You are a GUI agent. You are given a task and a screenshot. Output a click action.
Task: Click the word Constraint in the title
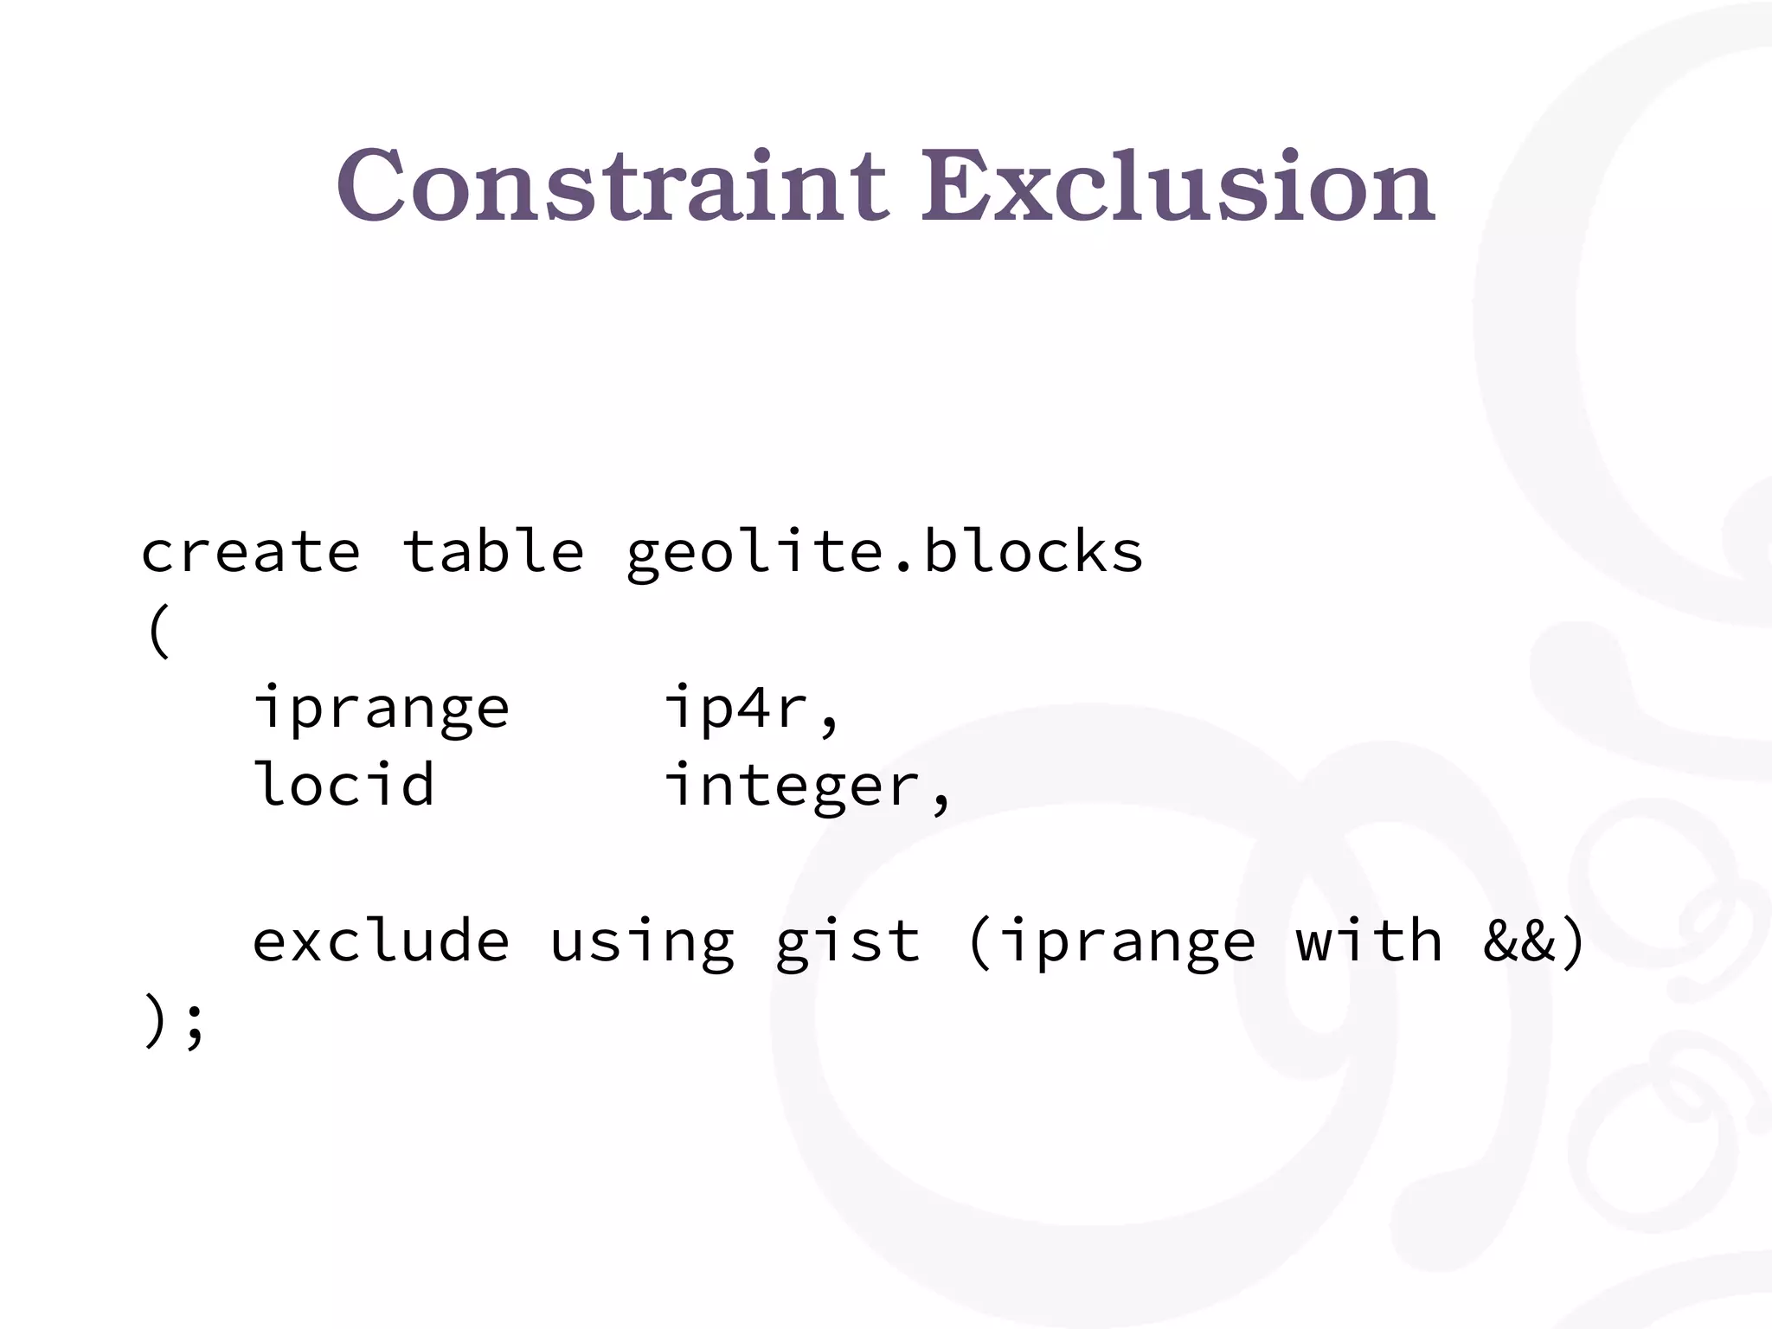click(x=612, y=185)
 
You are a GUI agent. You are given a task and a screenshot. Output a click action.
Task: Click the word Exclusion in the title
click(x=1176, y=185)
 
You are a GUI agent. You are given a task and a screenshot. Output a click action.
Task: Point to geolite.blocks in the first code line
click(x=884, y=554)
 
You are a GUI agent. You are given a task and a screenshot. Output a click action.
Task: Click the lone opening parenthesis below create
click(x=157, y=631)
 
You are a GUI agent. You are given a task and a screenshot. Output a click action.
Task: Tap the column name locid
click(x=343, y=784)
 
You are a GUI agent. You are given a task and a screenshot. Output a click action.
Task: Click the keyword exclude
click(x=381, y=941)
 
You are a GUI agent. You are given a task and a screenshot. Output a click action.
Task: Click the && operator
click(x=1519, y=941)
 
